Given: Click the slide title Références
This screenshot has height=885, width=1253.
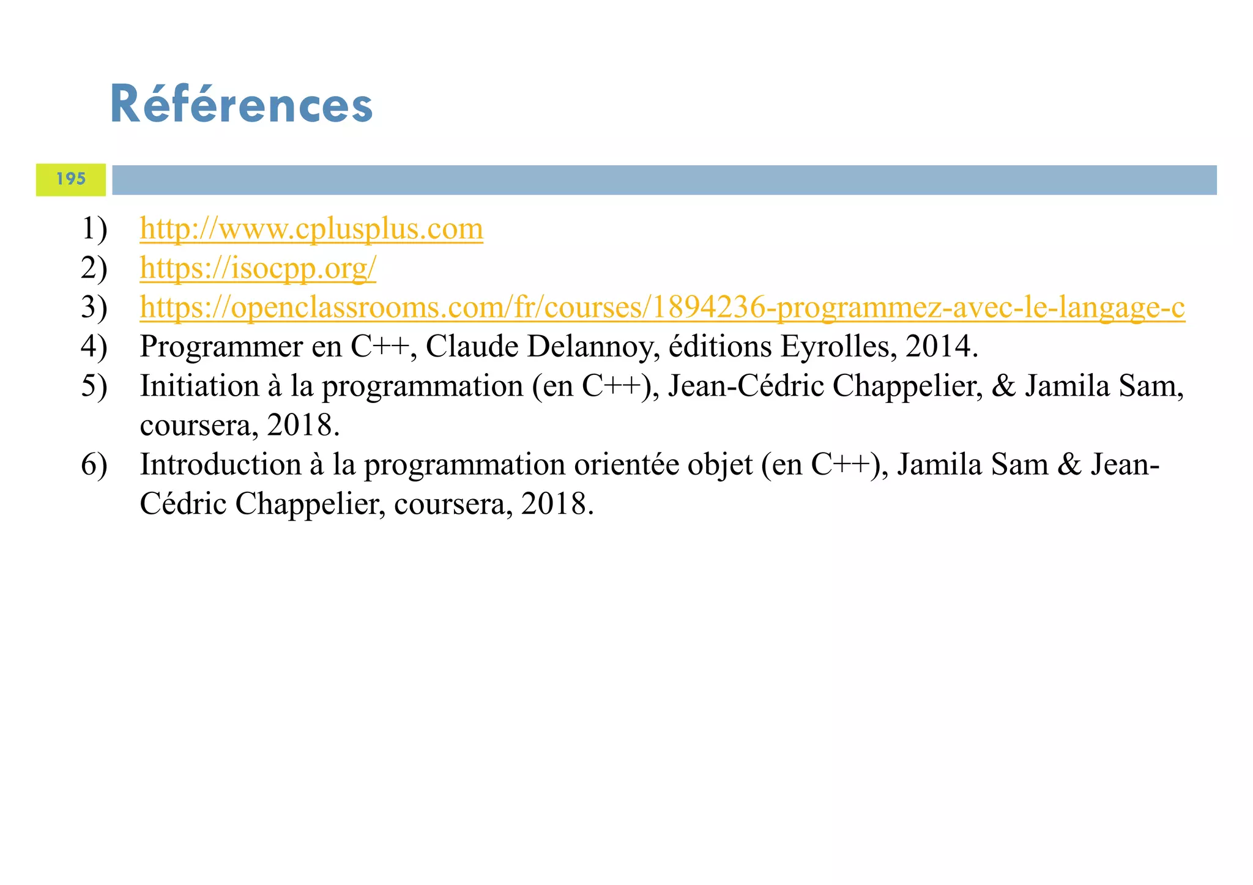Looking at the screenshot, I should [x=241, y=105].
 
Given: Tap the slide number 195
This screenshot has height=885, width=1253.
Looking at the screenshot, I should [x=71, y=179].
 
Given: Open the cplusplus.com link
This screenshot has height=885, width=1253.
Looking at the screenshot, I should [x=311, y=229].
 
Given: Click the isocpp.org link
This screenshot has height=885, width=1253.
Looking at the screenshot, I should [x=258, y=268].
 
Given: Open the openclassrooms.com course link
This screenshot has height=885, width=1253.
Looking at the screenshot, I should [x=662, y=307].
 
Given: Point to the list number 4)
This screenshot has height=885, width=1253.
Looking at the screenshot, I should [x=94, y=347].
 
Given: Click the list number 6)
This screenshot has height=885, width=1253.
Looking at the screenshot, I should [x=94, y=465].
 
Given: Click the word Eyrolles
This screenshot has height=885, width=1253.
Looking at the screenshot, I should [x=835, y=347].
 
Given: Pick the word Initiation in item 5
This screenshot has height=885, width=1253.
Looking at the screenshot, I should [x=199, y=386].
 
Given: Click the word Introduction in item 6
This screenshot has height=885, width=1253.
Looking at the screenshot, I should [x=220, y=465].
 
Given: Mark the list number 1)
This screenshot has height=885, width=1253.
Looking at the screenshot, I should [x=94, y=229].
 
